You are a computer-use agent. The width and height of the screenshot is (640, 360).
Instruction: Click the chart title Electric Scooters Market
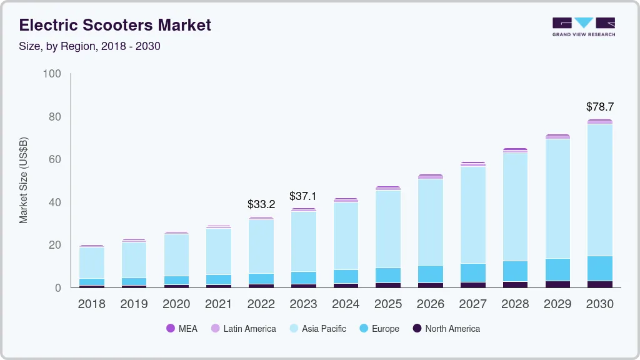tap(115, 25)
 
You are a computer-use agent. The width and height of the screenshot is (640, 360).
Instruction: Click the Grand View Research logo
tap(583, 27)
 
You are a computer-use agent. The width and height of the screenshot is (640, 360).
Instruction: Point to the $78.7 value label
tap(600, 107)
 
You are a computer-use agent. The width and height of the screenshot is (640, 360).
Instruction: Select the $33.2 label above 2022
tap(261, 204)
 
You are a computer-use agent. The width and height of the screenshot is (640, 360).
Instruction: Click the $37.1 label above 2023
tap(303, 196)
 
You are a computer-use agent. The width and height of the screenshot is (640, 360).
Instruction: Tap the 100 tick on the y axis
tap(52, 74)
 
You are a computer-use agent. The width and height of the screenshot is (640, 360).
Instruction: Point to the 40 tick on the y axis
tap(55, 202)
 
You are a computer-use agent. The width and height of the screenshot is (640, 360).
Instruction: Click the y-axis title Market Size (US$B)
tap(24, 180)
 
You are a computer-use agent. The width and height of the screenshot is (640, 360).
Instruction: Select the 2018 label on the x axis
tap(92, 304)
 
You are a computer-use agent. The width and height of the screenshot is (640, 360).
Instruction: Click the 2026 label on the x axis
tap(431, 304)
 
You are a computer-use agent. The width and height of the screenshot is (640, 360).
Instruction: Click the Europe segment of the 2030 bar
tap(600, 269)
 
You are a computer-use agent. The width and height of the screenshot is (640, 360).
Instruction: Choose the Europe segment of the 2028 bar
tap(515, 271)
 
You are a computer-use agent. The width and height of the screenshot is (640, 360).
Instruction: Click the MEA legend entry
tap(182, 329)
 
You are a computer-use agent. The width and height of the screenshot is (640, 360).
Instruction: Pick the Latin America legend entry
tap(244, 329)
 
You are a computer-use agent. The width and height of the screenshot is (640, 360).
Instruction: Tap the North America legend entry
tap(446, 329)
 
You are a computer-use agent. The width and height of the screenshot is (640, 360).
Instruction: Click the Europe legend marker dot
tap(364, 329)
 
